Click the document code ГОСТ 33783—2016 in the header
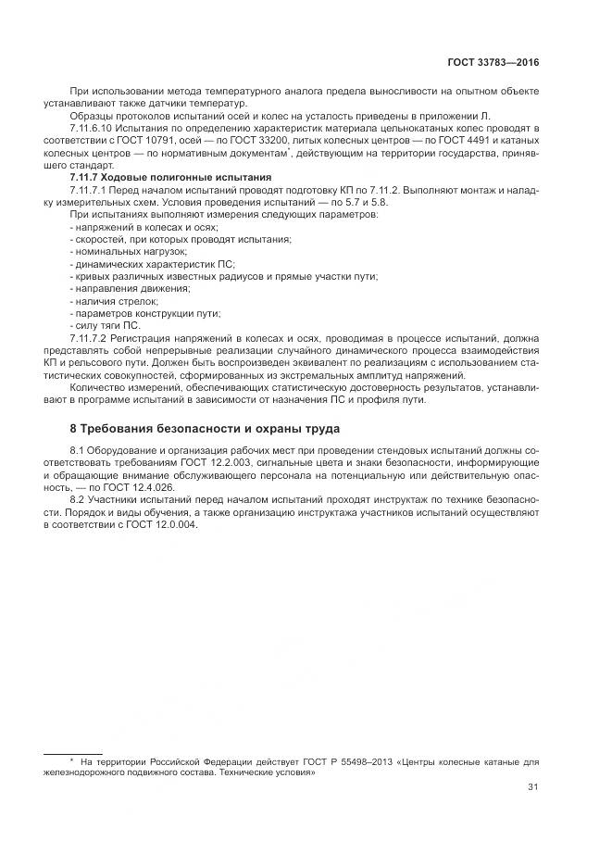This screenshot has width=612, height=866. point(494,63)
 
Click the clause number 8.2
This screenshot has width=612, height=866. point(78,499)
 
